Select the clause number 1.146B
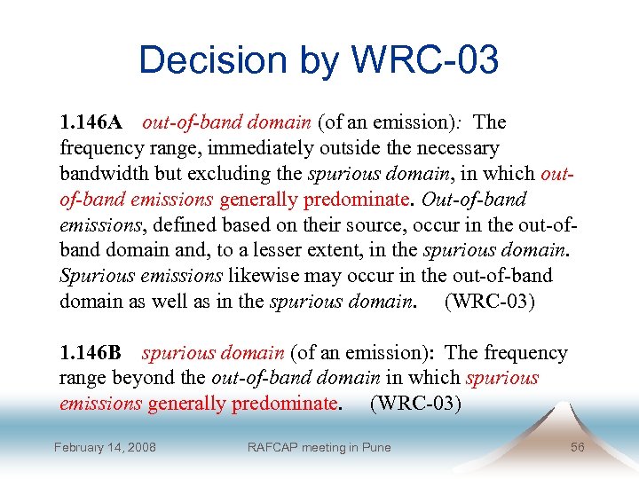click(94, 353)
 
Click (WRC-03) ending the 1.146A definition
click(490, 302)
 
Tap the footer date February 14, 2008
click(105, 447)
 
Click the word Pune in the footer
click(375, 447)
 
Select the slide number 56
click(577, 447)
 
